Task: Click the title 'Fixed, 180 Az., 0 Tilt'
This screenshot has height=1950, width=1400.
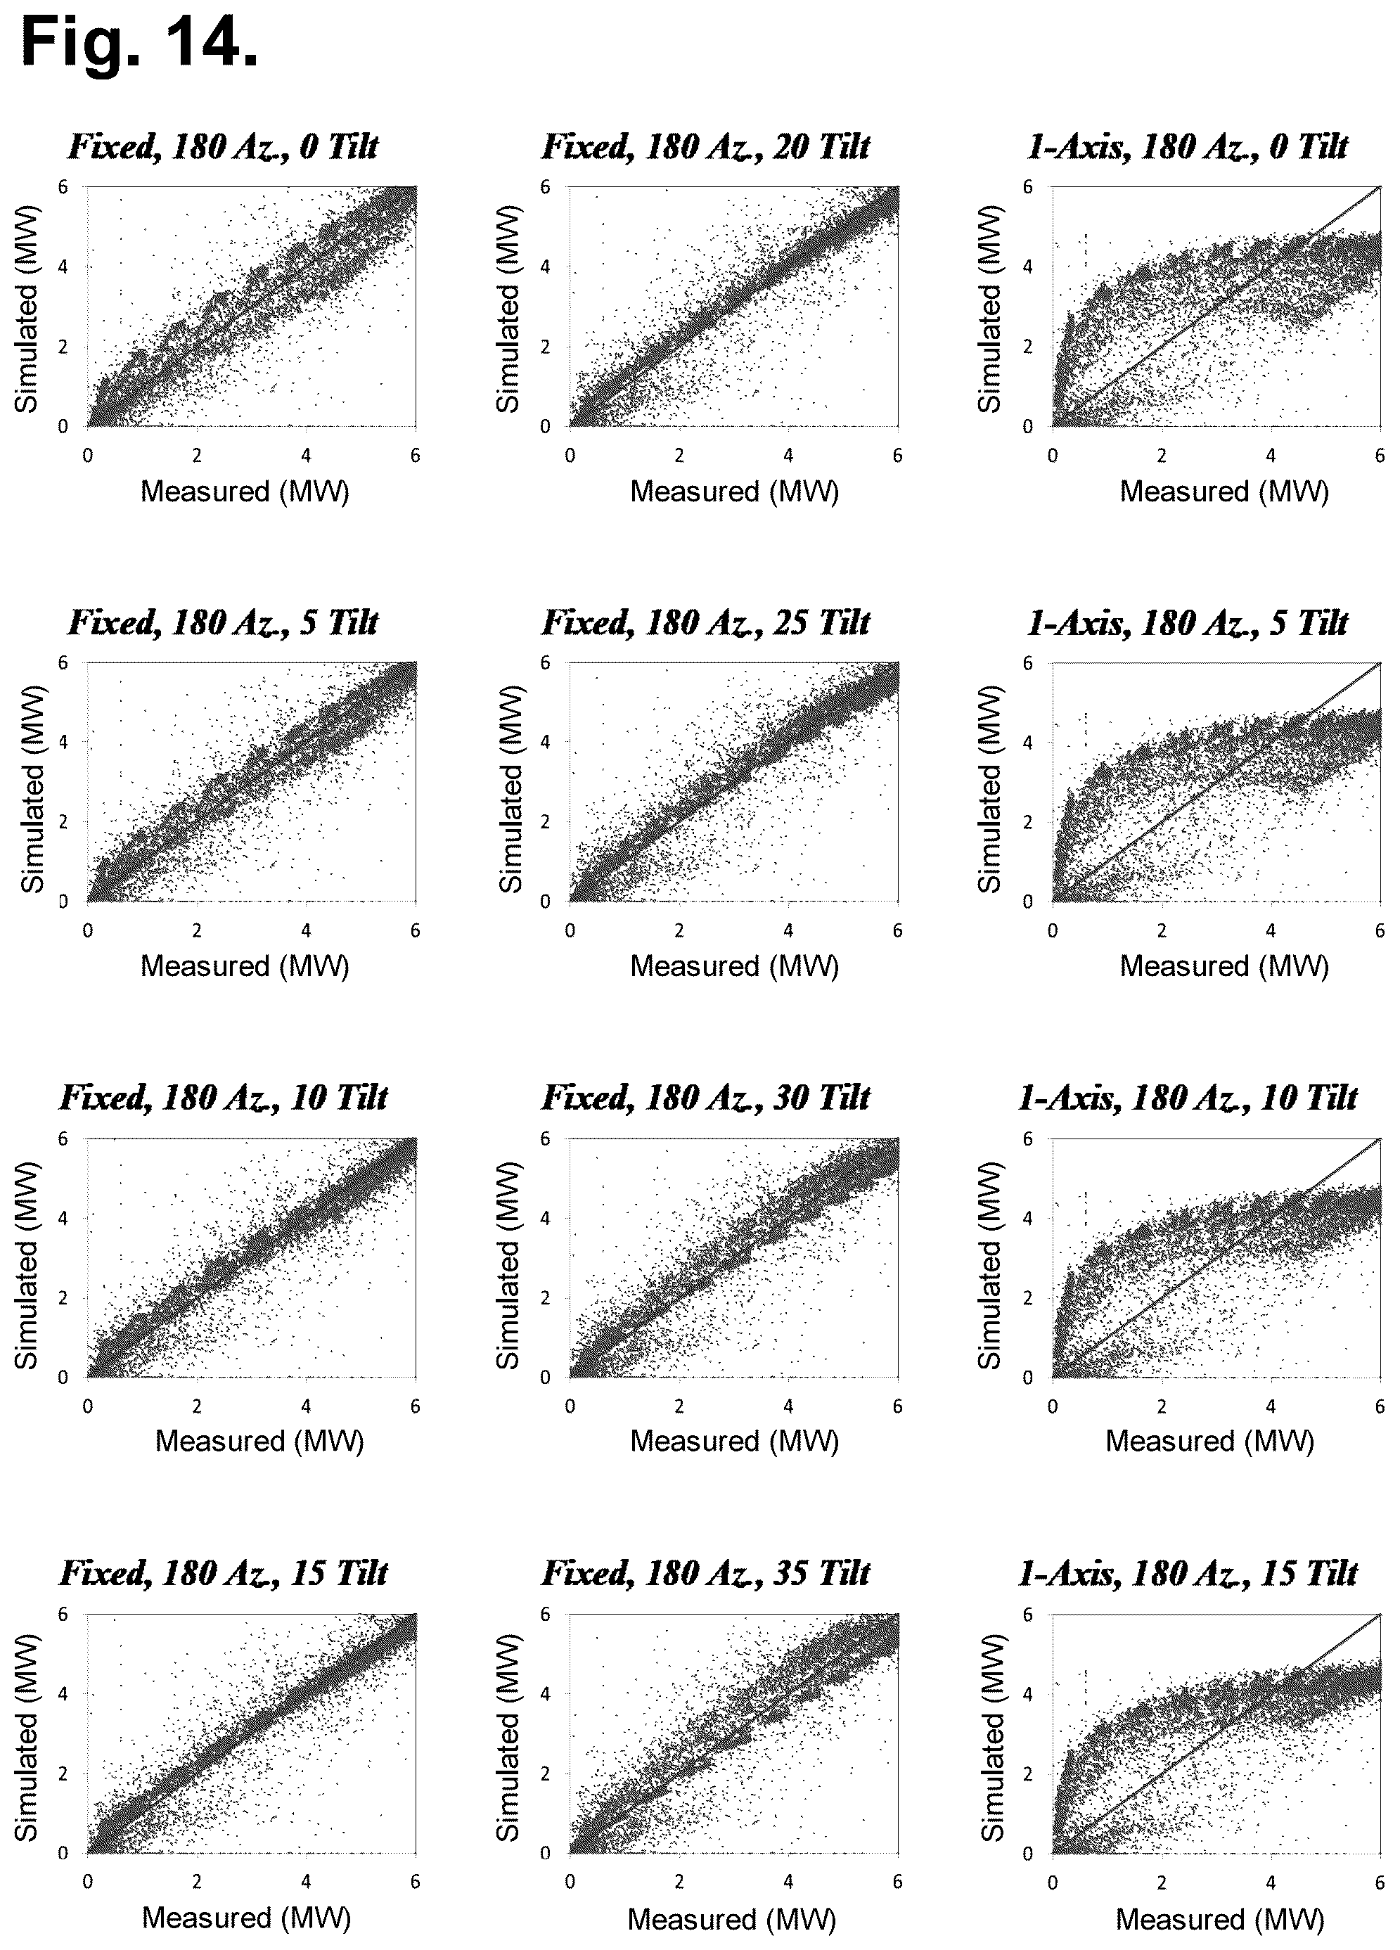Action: coord(223,147)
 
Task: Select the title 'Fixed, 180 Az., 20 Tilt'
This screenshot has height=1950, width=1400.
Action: coord(705,147)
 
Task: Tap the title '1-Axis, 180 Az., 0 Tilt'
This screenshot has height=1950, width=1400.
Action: coord(1187,147)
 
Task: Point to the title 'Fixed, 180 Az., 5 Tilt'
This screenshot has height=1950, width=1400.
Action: coord(223,622)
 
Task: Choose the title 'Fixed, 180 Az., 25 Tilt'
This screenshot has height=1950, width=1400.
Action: coord(705,622)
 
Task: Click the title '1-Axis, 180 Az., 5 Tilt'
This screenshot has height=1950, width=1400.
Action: coord(1187,622)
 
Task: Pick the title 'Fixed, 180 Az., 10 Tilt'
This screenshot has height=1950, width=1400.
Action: coord(223,1098)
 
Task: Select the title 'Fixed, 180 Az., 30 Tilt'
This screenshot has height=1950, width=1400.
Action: coord(705,1098)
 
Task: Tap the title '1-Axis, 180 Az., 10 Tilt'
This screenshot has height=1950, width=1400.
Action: coord(1187,1098)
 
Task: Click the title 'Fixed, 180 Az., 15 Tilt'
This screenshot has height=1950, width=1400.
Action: coord(223,1573)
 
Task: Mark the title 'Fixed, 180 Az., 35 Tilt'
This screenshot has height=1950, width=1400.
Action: coord(705,1573)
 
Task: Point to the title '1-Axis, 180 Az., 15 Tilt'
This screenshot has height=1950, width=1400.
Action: coord(1187,1573)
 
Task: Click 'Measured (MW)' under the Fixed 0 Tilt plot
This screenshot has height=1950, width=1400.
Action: coord(245,492)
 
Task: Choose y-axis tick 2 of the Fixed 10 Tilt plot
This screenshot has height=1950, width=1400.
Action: coord(63,1297)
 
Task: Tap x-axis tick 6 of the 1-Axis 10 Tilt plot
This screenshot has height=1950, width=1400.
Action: coord(1380,1406)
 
